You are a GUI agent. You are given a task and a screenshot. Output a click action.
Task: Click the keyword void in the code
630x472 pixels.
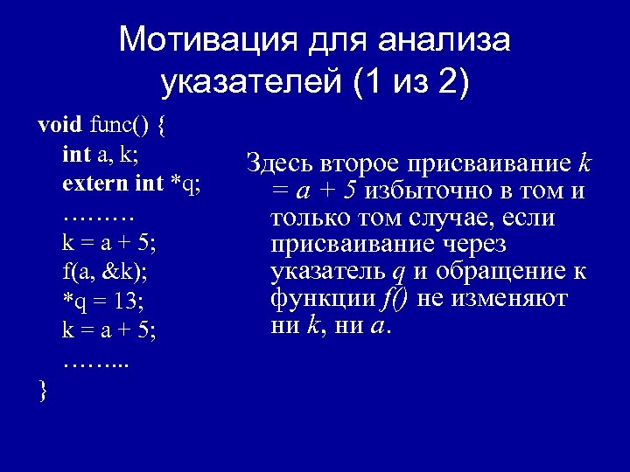pyautogui.click(x=58, y=124)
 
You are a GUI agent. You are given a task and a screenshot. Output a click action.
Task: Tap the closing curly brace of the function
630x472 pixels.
pyautogui.click(x=44, y=390)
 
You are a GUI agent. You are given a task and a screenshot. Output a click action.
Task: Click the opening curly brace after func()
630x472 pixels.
pyautogui.click(x=164, y=125)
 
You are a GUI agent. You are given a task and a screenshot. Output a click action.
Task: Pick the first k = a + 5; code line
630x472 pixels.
pyautogui.click(x=109, y=242)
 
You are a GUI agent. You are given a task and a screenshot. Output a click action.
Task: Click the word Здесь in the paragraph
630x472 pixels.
pyautogui.click(x=272, y=163)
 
